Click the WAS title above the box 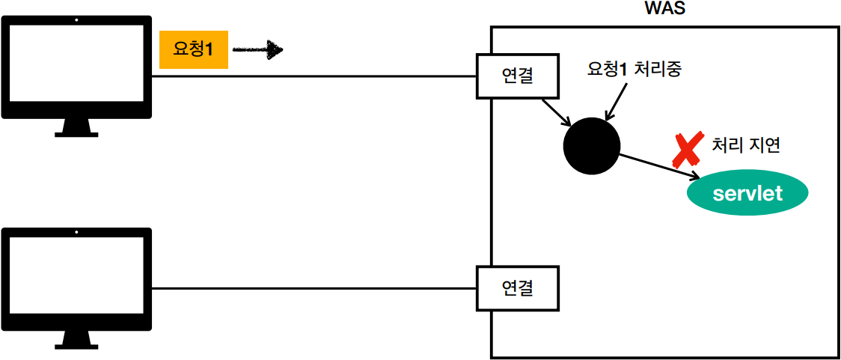pyautogui.click(x=664, y=9)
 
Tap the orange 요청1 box pyautogui.click(x=193, y=51)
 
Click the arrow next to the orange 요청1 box pyautogui.click(x=257, y=51)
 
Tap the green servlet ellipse pyautogui.click(x=747, y=194)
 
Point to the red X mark pyautogui.click(x=687, y=149)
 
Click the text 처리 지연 pyautogui.click(x=746, y=145)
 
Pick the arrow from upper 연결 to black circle pyautogui.click(x=555, y=111)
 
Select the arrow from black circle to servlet pyautogui.click(x=658, y=166)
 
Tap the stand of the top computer pyautogui.click(x=77, y=128)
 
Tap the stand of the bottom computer pyautogui.click(x=77, y=339)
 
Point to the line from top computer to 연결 pyautogui.click(x=314, y=76)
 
